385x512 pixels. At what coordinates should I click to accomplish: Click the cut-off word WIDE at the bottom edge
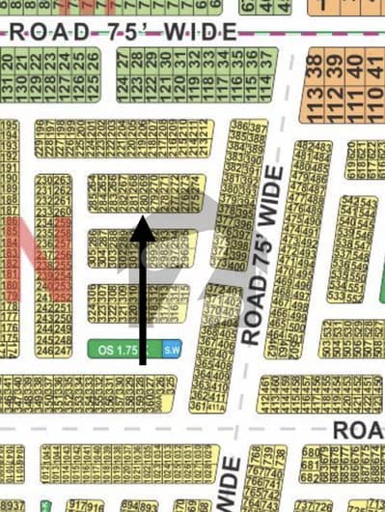pyautogui.click(x=229, y=488)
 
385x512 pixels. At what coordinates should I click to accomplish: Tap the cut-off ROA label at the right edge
pyautogui.click(x=357, y=428)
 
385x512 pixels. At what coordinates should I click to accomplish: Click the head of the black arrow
pyautogui.click(x=142, y=229)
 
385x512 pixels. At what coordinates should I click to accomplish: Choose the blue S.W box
pyautogui.click(x=172, y=349)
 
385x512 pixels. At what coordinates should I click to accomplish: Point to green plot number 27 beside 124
pyautogui.click(x=124, y=63)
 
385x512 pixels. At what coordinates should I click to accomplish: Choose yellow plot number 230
pyautogui.click(x=42, y=181)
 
